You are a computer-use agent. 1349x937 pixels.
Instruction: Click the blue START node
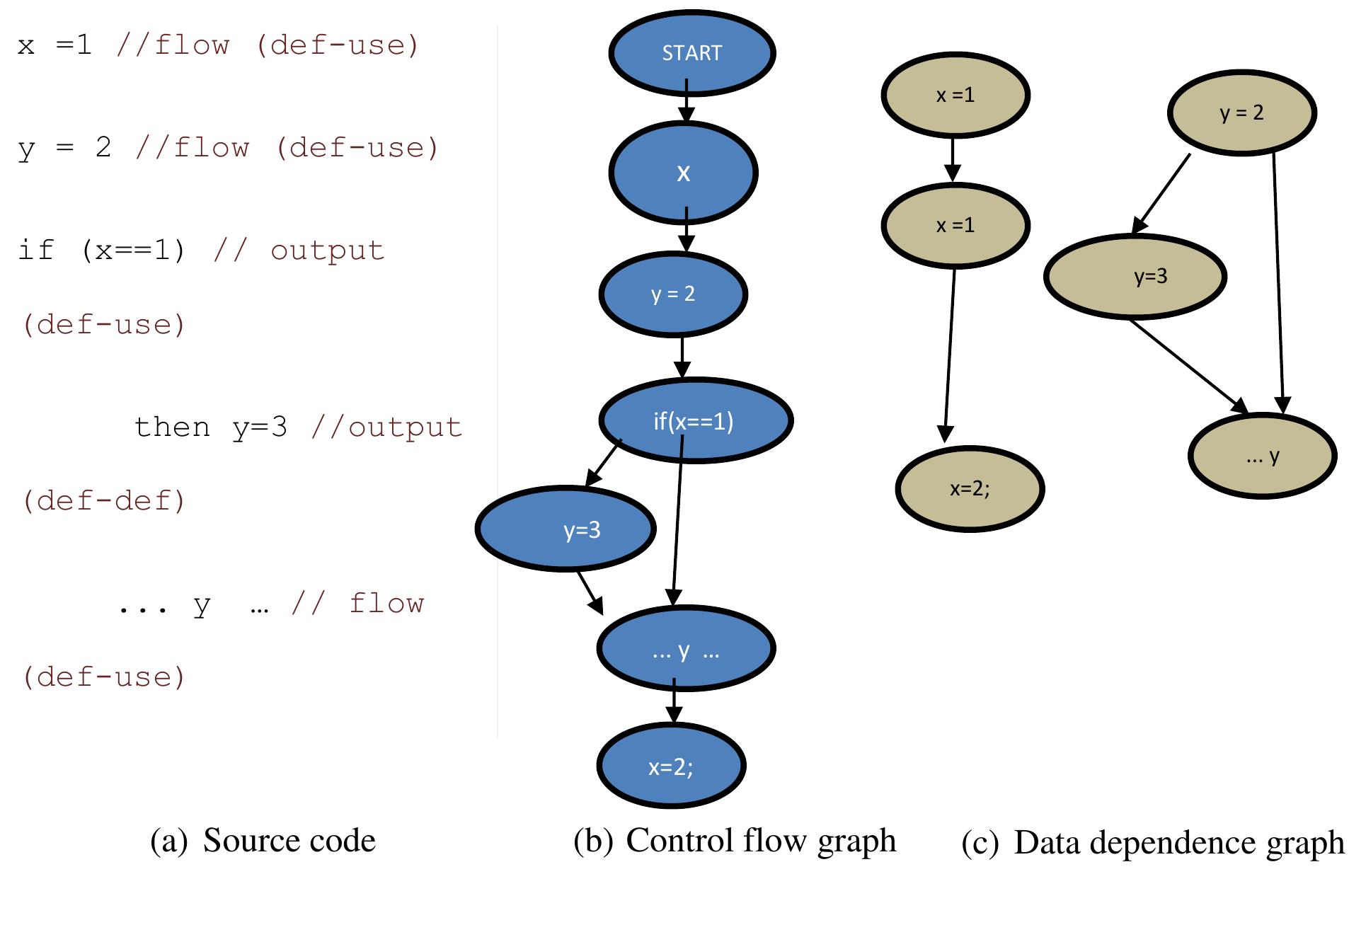pyautogui.click(x=691, y=53)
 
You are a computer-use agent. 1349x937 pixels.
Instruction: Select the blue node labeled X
pyautogui.click(x=683, y=173)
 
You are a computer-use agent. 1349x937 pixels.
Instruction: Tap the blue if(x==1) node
pyautogui.click(x=695, y=421)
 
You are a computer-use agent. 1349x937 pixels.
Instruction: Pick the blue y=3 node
pyautogui.click(x=566, y=529)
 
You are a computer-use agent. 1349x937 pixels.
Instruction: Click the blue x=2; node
pyautogui.click(x=671, y=766)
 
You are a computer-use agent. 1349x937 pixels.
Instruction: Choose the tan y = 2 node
pyautogui.click(x=1241, y=113)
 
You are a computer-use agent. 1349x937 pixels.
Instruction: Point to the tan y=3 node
pyautogui.click(x=1135, y=276)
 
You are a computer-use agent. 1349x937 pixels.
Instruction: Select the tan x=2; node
pyautogui.click(x=969, y=488)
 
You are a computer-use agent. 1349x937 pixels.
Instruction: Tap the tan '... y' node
pyautogui.click(x=1262, y=456)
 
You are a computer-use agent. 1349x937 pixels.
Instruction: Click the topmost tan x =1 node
pyautogui.click(x=955, y=95)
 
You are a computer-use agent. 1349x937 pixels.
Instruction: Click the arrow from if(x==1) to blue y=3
pyautogui.click(x=603, y=464)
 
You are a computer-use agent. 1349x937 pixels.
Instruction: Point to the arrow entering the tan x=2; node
pyautogui.click(x=950, y=354)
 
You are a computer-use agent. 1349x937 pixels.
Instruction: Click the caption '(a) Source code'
pyautogui.click(x=263, y=841)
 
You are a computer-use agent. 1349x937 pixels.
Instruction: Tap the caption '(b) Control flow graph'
pyautogui.click(x=734, y=841)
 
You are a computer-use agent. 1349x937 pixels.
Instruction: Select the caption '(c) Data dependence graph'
pyautogui.click(x=1152, y=843)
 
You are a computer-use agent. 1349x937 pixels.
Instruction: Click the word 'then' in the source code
pyautogui.click(x=172, y=427)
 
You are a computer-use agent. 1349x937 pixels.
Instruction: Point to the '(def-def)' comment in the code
pyautogui.click(x=104, y=501)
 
